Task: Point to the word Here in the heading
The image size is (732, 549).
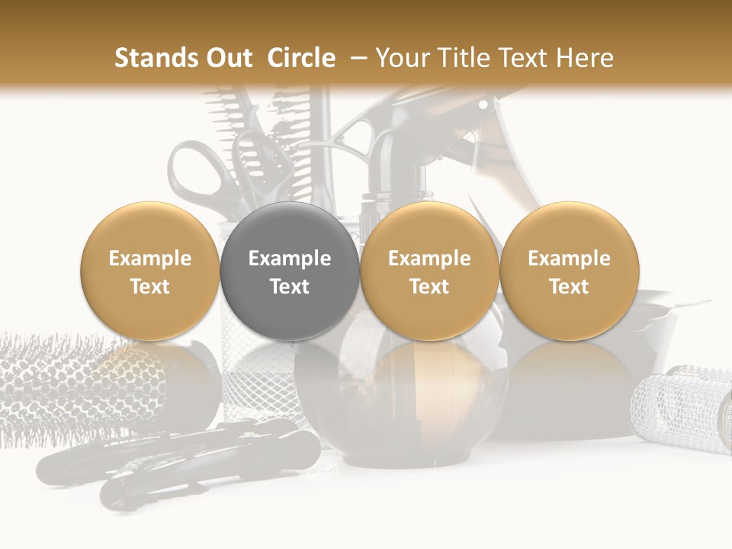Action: click(x=585, y=58)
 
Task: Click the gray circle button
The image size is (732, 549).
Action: click(x=290, y=271)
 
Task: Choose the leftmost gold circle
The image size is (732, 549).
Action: click(x=150, y=271)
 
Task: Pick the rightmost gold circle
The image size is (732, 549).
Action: click(x=569, y=271)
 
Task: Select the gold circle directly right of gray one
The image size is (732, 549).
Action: click(x=429, y=271)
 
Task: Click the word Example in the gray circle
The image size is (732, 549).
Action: click(x=290, y=258)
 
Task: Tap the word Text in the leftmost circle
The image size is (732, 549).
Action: click(x=150, y=287)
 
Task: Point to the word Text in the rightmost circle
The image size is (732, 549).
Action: click(x=569, y=287)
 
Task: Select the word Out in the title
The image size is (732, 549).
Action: click(x=230, y=58)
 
